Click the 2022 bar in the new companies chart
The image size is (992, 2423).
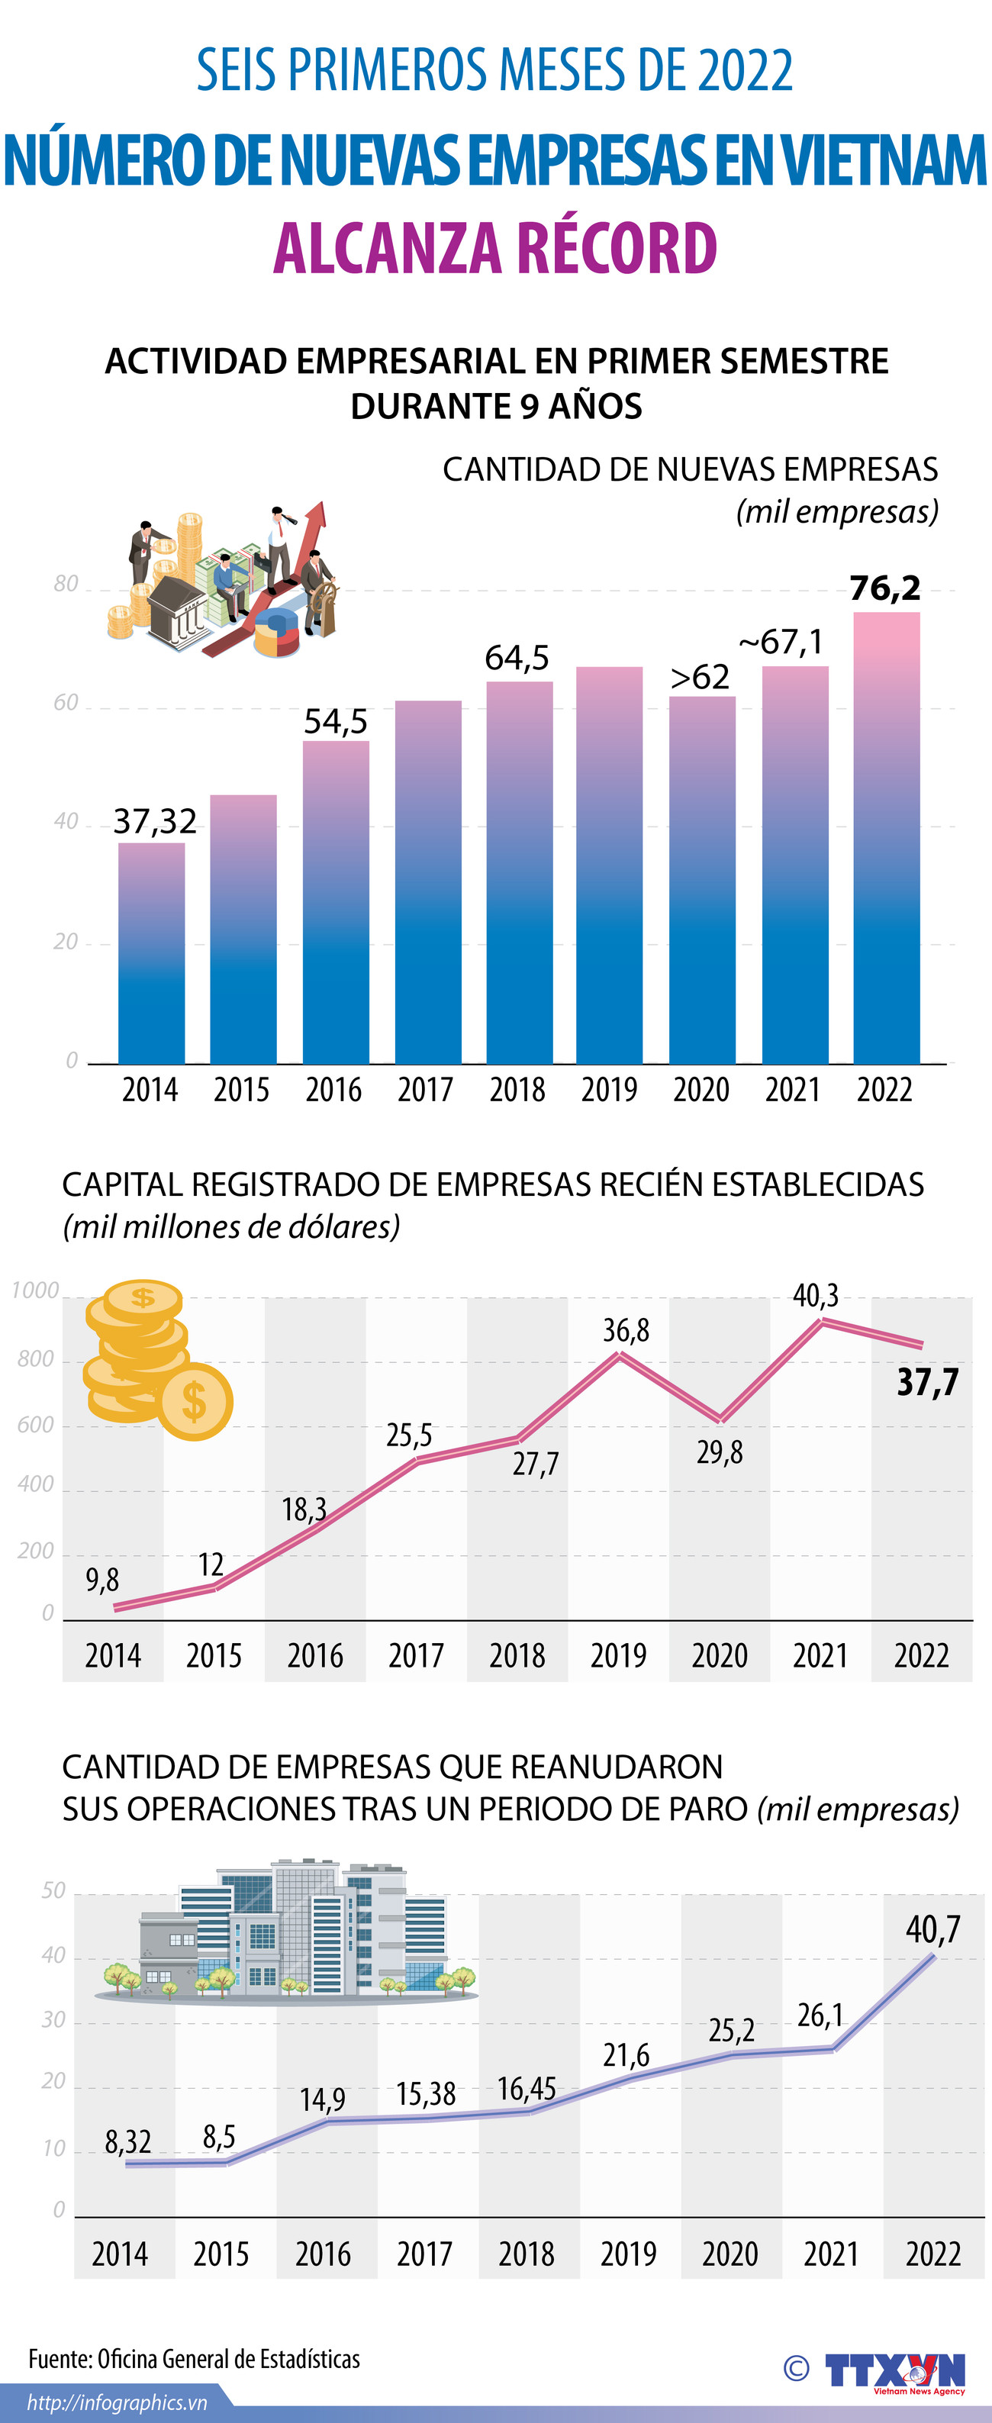tap(886, 837)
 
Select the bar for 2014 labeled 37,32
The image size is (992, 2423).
tap(151, 952)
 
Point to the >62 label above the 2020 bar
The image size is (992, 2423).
tap(700, 677)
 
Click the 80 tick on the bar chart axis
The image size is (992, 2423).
tap(66, 584)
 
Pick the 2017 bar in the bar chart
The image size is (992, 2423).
tap(428, 881)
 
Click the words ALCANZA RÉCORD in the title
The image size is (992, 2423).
tap(495, 247)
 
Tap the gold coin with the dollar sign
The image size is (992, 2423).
tap(195, 1401)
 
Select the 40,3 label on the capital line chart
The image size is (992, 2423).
tap(815, 1296)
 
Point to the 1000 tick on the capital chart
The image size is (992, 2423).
tap(36, 1290)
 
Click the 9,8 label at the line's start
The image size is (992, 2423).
tap(102, 1579)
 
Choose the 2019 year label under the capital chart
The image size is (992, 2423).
tap(618, 1655)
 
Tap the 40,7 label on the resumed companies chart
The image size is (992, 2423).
tap(932, 1930)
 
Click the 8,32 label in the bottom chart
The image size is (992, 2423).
tap(128, 2141)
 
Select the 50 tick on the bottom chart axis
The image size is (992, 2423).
tap(53, 1890)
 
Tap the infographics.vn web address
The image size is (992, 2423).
tap(117, 2403)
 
